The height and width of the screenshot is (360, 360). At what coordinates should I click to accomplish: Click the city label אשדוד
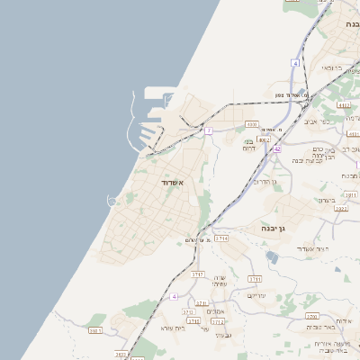(172, 183)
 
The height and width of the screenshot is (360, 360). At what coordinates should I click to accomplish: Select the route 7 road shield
(209, 130)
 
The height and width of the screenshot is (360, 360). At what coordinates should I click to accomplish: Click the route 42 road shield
(278, 148)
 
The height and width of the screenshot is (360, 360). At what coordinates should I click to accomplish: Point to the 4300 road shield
(252, 124)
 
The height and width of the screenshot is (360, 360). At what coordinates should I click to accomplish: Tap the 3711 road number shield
(255, 278)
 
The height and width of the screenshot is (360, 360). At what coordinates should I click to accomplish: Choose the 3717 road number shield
(197, 272)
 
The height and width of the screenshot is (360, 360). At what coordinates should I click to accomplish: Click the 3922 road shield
(340, 208)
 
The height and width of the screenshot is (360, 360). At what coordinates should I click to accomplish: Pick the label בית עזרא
(173, 328)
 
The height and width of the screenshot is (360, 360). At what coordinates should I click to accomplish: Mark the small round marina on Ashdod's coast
(112, 200)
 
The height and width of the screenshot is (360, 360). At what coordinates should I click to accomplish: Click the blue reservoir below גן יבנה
(273, 258)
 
